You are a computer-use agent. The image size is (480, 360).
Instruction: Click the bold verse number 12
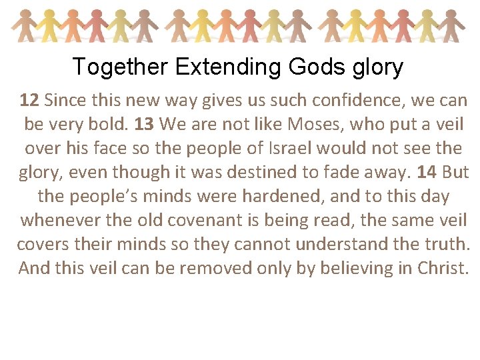tap(29, 101)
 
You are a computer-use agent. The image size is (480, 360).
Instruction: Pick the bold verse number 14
tap(427, 173)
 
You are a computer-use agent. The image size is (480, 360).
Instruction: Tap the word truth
tap(447, 244)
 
